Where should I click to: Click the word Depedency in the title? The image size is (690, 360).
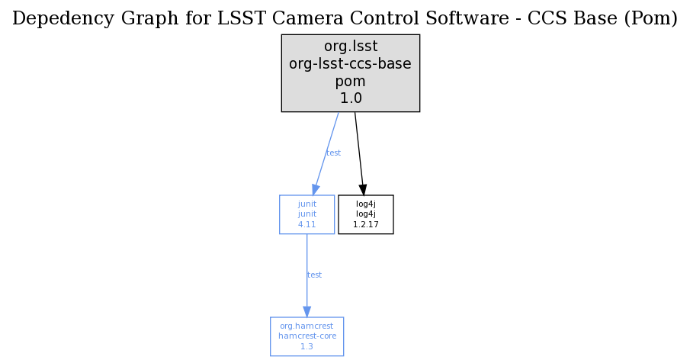tap(63, 19)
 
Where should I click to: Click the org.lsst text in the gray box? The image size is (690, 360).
tap(351, 47)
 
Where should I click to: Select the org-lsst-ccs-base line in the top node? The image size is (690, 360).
tap(350, 63)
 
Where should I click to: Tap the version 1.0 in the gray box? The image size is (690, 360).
tap(351, 98)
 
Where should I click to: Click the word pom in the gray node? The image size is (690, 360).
tap(350, 82)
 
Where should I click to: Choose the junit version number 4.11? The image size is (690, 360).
tap(306, 224)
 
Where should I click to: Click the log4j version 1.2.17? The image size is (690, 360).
tap(366, 224)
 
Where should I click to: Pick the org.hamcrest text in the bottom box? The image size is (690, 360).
tap(306, 326)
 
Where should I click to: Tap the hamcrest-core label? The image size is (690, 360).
tap(307, 336)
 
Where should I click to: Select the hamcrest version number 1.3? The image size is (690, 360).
tap(306, 347)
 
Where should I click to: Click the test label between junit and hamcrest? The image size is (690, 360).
tap(314, 275)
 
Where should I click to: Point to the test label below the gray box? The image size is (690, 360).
tap(333, 153)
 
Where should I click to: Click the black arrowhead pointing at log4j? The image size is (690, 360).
tap(363, 190)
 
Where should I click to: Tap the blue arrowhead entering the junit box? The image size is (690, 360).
tap(315, 189)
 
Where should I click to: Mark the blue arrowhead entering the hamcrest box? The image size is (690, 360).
tap(306, 312)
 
